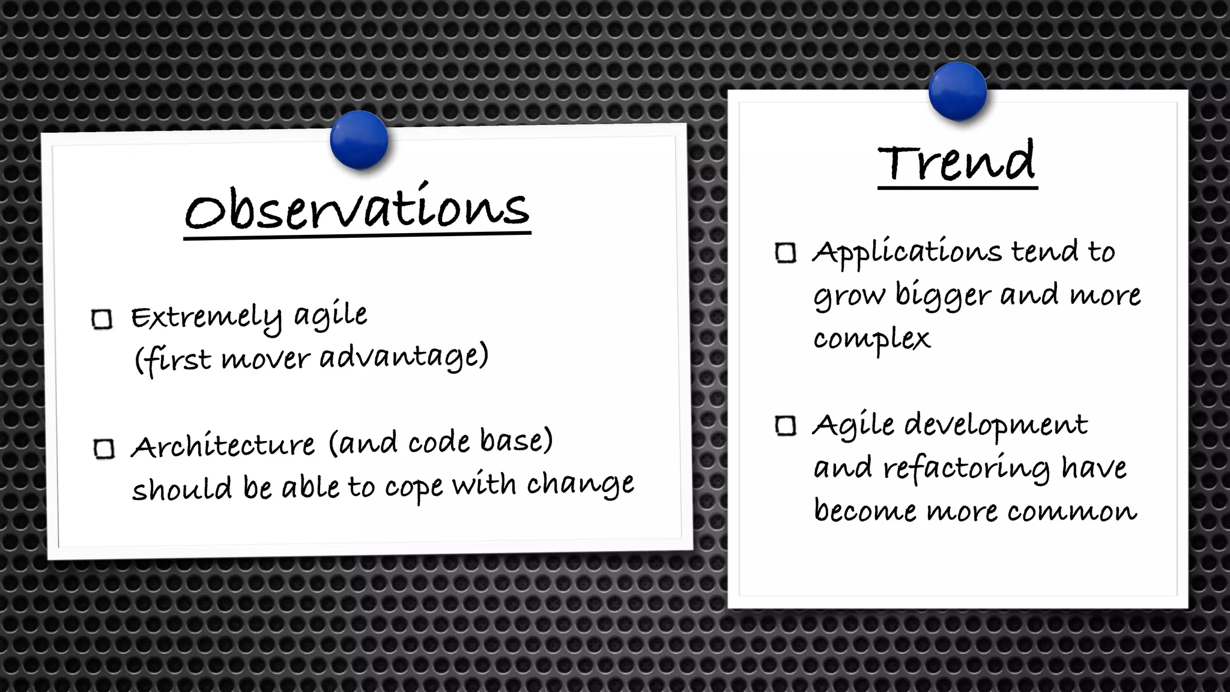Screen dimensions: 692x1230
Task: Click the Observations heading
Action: pos(357,209)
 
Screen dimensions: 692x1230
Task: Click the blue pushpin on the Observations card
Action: pos(359,140)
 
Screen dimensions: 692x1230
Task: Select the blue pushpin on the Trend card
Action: pos(957,91)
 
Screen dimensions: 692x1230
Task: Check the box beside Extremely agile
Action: pos(102,319)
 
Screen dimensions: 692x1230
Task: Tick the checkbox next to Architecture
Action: pos(104,449)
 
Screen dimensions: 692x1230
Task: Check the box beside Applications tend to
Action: pos(786,253)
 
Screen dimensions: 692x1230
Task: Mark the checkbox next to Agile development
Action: pos(786,426)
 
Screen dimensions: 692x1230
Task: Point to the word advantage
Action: pos(404,356)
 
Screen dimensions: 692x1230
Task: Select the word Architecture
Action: pos(223,446)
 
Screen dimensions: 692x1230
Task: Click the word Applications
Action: pos(907,252)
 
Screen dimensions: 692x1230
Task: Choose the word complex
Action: pos(871,339)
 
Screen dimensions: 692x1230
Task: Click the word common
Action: pos(1072,511)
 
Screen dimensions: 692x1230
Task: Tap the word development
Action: pos(996,425)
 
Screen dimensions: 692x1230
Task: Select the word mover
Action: pos(265,359)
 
